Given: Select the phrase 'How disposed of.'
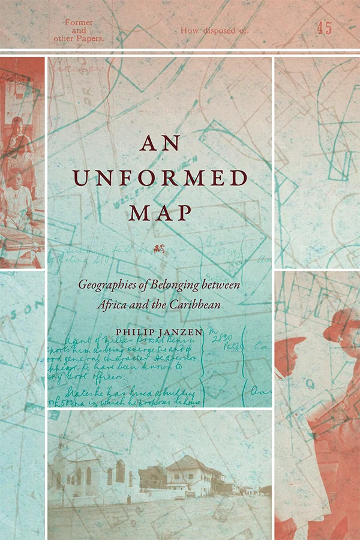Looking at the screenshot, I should (214, 29).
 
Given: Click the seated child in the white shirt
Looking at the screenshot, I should (18, 195).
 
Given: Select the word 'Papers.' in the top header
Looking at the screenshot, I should (87, 37).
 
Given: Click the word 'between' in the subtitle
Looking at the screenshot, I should (221, 286).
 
